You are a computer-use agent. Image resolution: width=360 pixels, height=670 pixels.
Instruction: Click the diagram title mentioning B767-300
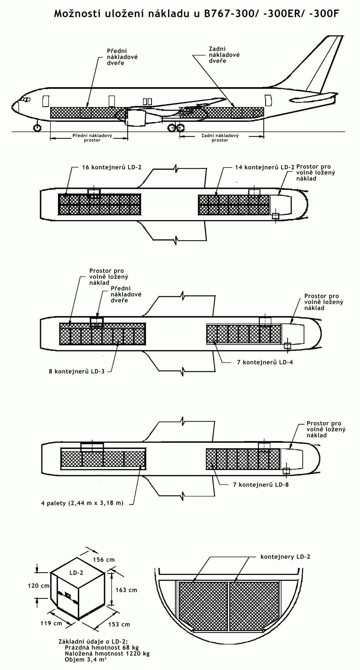(x=196, y=14)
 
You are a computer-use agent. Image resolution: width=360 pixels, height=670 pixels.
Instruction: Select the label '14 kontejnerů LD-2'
(x=265, y=167)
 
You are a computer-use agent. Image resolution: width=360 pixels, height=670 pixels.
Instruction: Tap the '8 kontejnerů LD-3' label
(x=77, y=371)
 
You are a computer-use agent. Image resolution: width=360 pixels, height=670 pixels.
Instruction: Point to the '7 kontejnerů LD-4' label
(x=265, y=362)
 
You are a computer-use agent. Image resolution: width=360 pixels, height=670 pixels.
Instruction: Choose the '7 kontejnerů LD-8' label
(x=261, y=484)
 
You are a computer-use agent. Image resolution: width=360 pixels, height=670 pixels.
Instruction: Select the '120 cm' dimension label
(x=39, y=586)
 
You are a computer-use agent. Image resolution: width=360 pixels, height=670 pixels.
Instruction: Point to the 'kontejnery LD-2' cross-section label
(x=285, y=557)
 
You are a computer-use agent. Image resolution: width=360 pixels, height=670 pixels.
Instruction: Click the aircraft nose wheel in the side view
(x=37, y=128)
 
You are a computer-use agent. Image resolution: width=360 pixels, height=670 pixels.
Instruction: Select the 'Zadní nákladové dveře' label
(x=224, y=55)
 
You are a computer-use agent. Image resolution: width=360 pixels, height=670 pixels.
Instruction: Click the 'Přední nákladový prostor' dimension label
(x=93, y=138)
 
